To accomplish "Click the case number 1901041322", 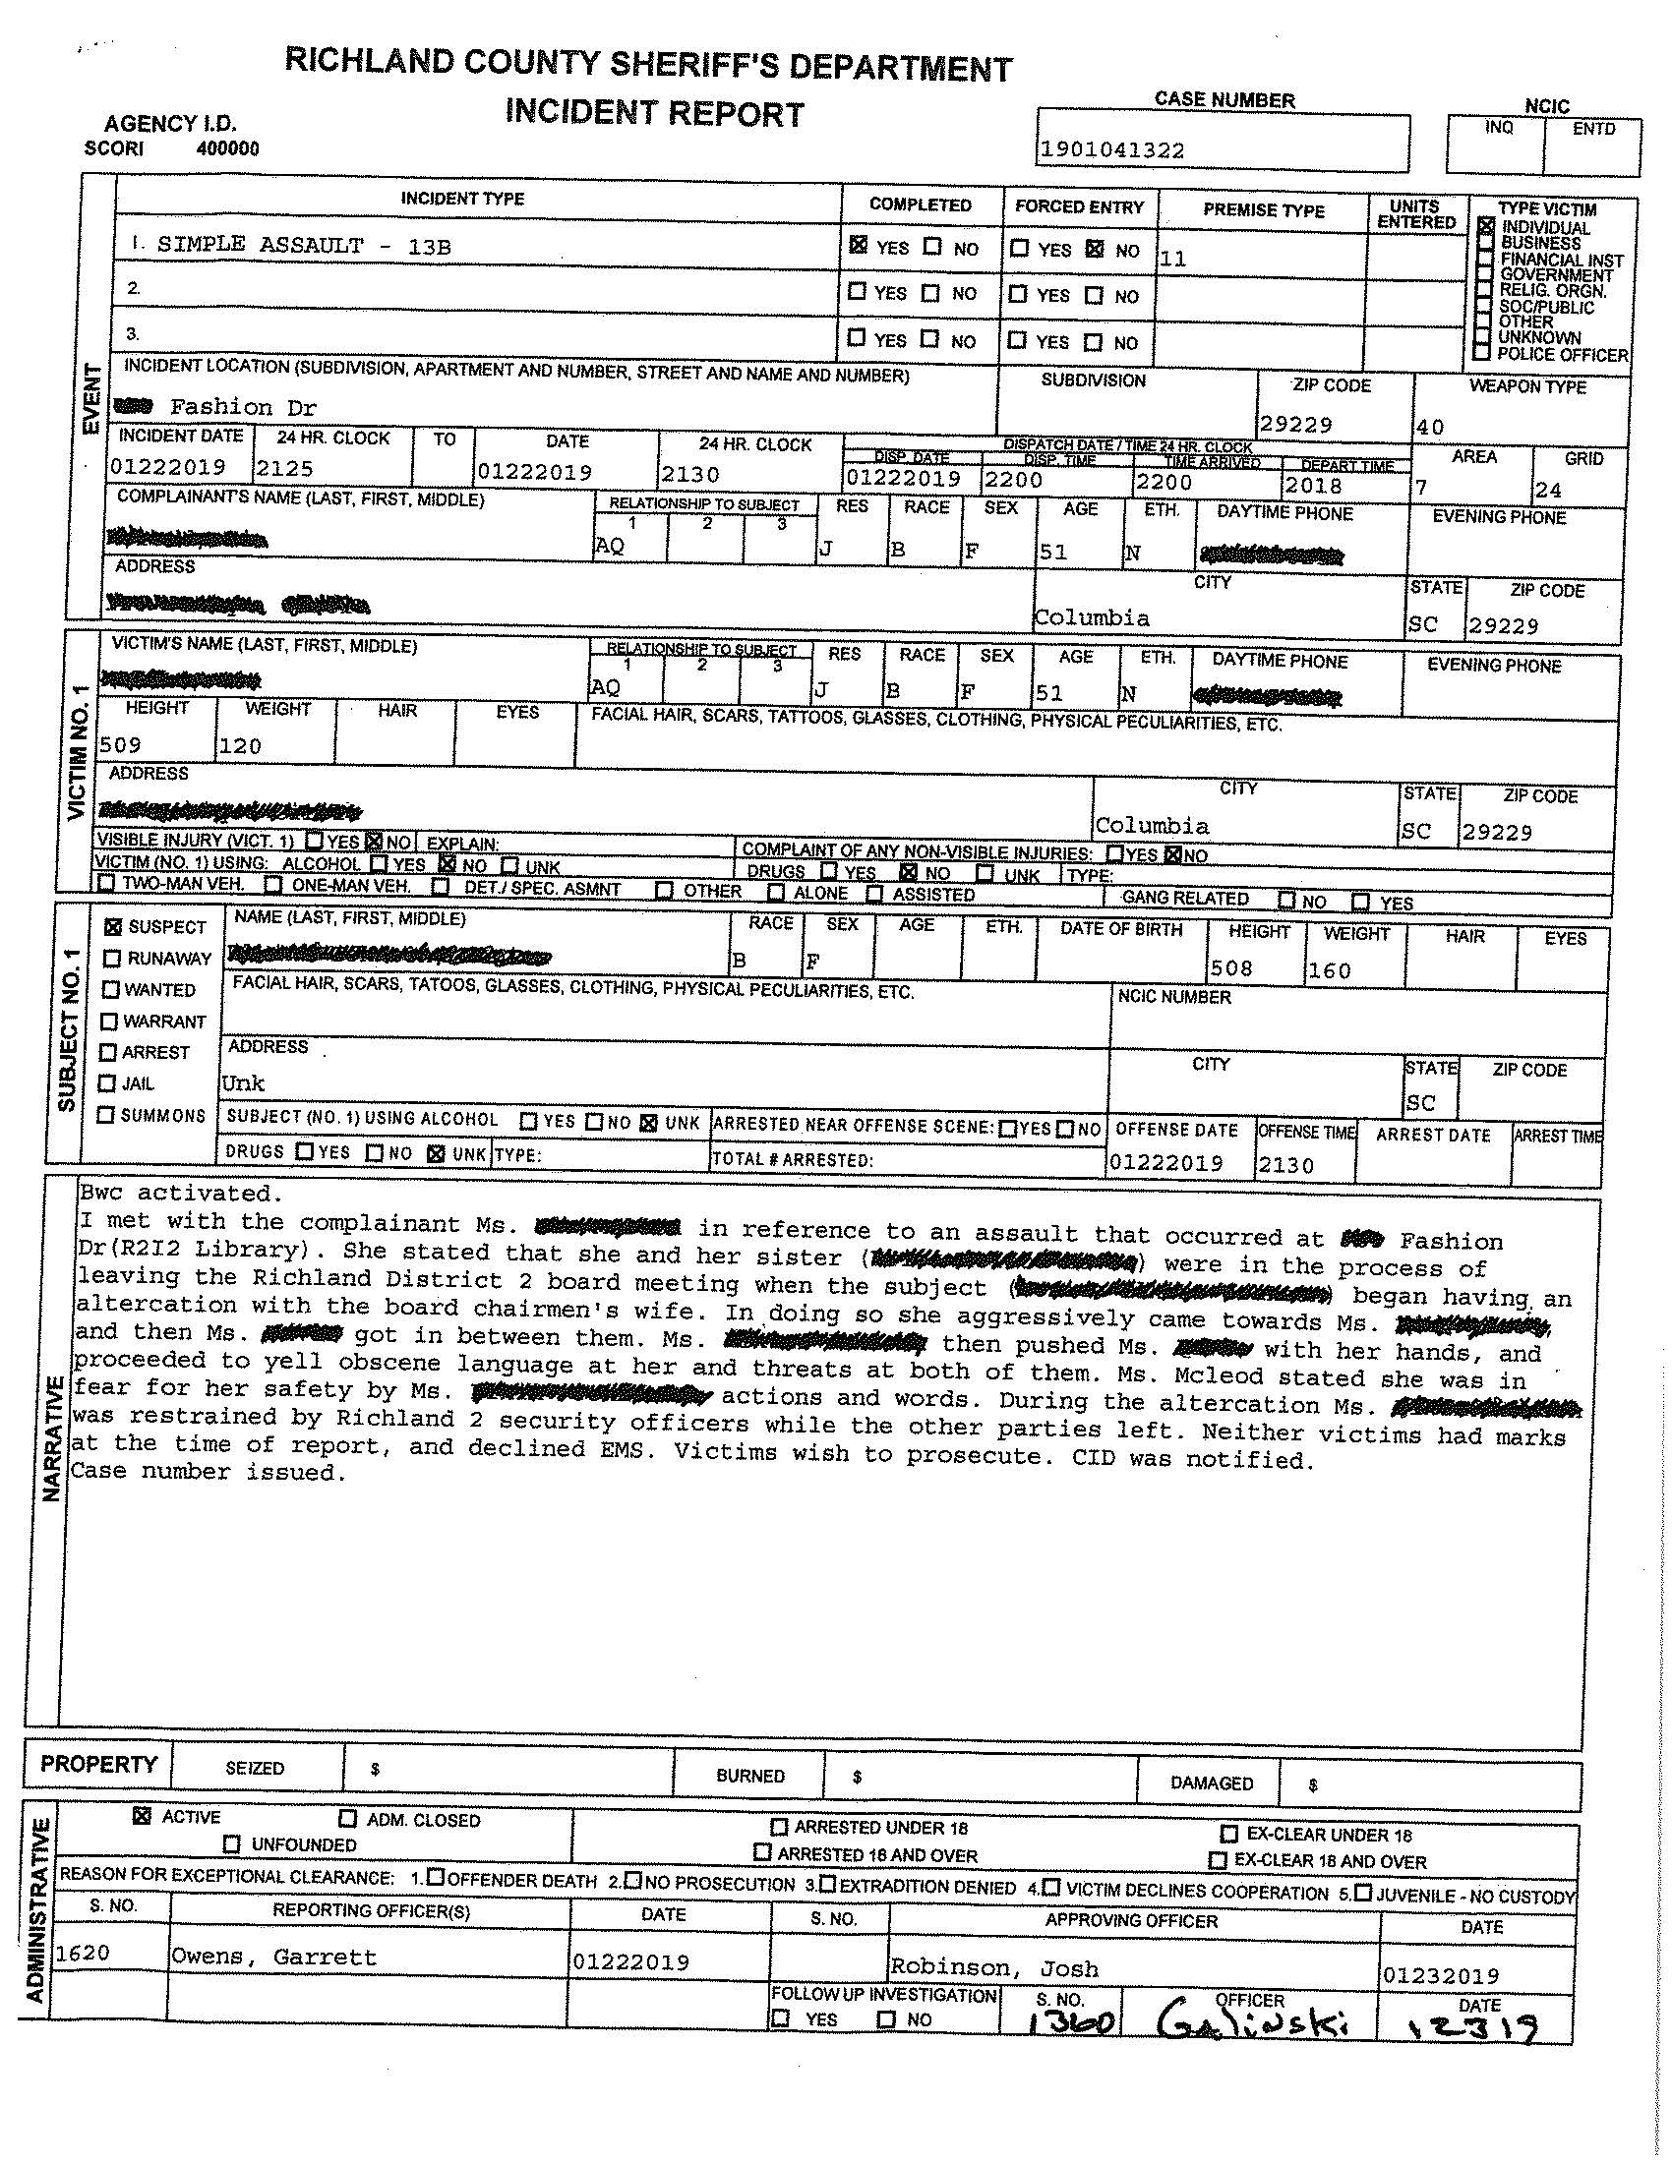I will [x=1110, y=150].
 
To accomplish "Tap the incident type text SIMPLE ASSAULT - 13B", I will [x=304, y=246].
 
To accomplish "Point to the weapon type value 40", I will [x=1430, y=427].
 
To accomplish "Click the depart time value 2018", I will [x=1313, y=486].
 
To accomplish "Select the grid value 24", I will [x=1547, y=490].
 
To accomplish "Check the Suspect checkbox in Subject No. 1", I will [x=113, y=927].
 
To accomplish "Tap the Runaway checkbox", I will [x=112, y=959].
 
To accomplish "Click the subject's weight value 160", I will [x=1330, y=970].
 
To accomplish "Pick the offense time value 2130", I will [x=1285, y=1166].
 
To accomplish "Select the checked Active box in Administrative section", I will [x=143, y=1816].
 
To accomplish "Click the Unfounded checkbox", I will [x=232, y=1844].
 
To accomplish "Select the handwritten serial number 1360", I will [x=1074, y=2023].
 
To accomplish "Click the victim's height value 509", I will [x=121, y=745].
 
